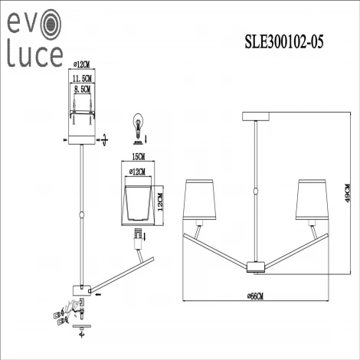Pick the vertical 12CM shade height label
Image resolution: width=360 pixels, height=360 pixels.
click(161, 201)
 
